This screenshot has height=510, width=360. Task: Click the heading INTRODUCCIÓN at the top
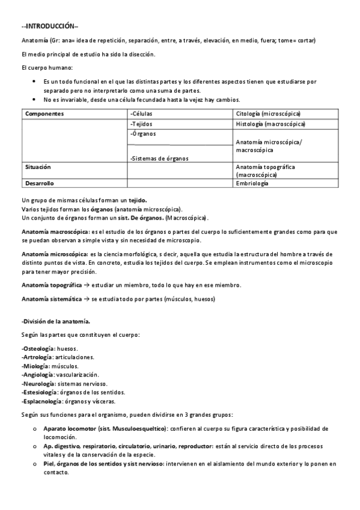coord(46,26)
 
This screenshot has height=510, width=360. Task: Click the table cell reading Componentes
coord(44,114)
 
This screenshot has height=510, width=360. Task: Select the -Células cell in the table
coord(142,114)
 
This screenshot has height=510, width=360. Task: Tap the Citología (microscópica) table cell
coord(269,114)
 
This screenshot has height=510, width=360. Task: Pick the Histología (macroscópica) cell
coord(270,124)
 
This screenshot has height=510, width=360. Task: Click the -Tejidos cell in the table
coord(142,124)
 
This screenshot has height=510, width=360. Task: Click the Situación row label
coord(38,166)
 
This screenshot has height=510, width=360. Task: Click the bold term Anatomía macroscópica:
coord(54,231)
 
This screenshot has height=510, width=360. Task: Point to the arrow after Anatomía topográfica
coord(87,284)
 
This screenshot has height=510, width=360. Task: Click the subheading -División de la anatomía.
coord(56,322)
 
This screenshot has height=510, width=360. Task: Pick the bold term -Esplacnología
coord(41,401)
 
